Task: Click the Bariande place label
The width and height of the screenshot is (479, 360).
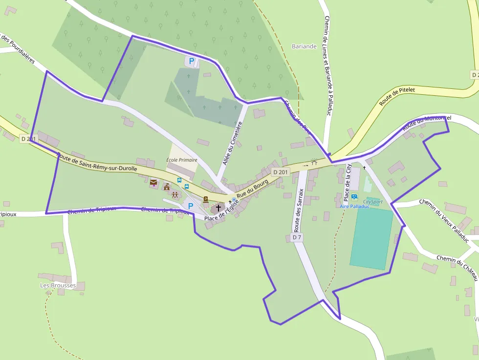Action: (304, 46)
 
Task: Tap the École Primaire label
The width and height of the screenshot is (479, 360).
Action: (182, 160)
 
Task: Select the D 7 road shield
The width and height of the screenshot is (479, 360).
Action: (296, 237)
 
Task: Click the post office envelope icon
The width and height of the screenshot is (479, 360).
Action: (154, 183)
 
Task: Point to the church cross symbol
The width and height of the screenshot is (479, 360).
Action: (218, 208)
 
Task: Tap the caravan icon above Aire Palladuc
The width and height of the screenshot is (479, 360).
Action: (354, 197)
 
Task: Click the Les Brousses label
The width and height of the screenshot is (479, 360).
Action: (58, 285)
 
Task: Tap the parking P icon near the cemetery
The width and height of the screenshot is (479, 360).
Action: (192, 62)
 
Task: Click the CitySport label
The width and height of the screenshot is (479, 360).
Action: (372, 201)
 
